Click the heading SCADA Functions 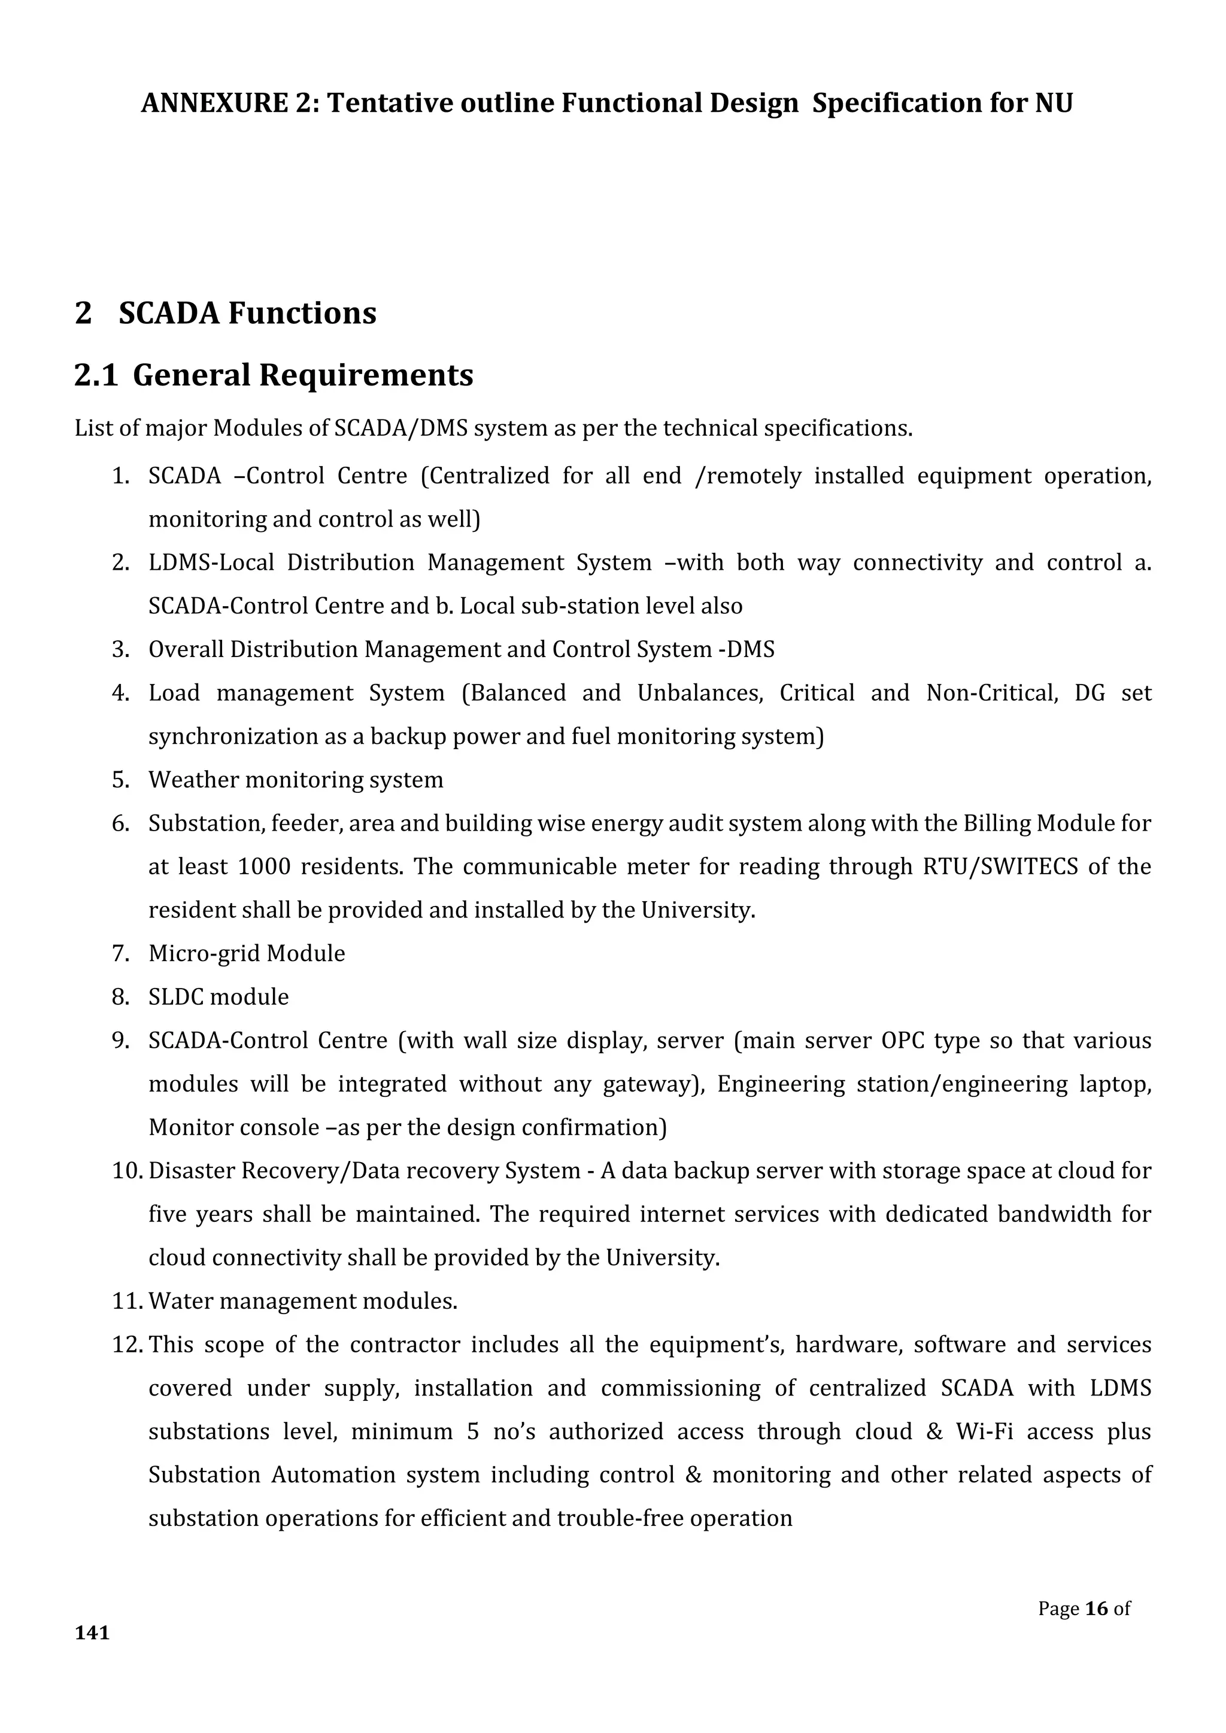pos(247,313)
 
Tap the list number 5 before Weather pos(120,780)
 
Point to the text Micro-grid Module pos(247,953)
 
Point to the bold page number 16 pos(1096,1609)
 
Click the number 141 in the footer pos(92,1632)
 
